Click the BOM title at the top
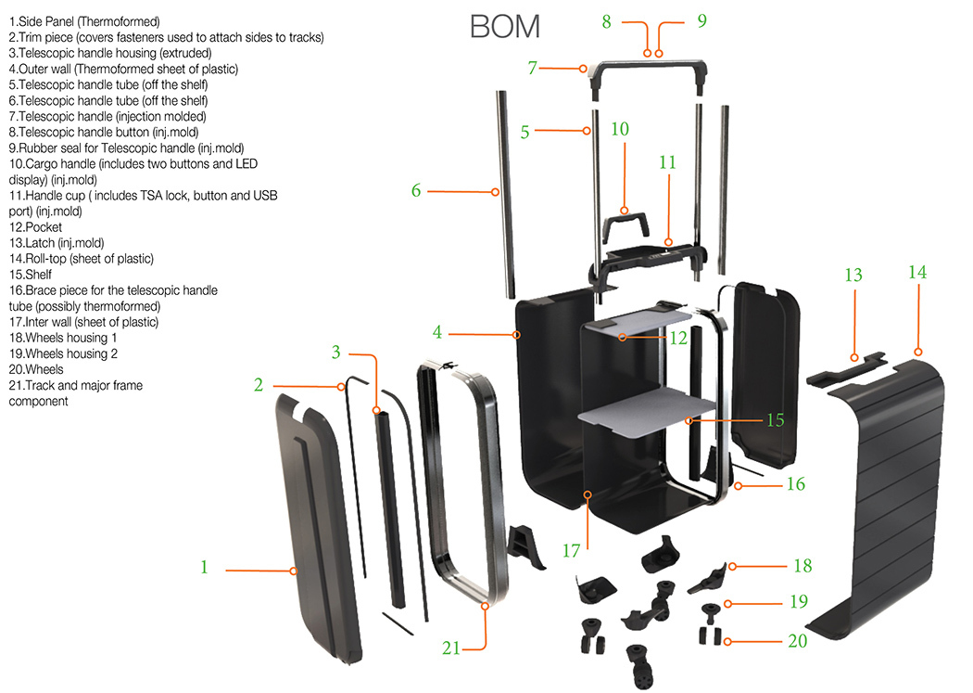[x=504, y=26]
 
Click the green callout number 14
[x=916, y=273]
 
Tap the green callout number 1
[x=204, y=567]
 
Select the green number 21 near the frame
[x=451, y=648]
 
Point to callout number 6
[x=416, y=190]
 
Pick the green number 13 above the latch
[x=853, y=276]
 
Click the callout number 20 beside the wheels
[x=797, y=640]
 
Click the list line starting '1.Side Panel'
[x=83, y=21]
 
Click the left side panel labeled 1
[x=320, y=529]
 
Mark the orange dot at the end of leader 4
[x=518, y=333]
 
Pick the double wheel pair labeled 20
[x=709, y=636]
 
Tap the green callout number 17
[x=571, y=550]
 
